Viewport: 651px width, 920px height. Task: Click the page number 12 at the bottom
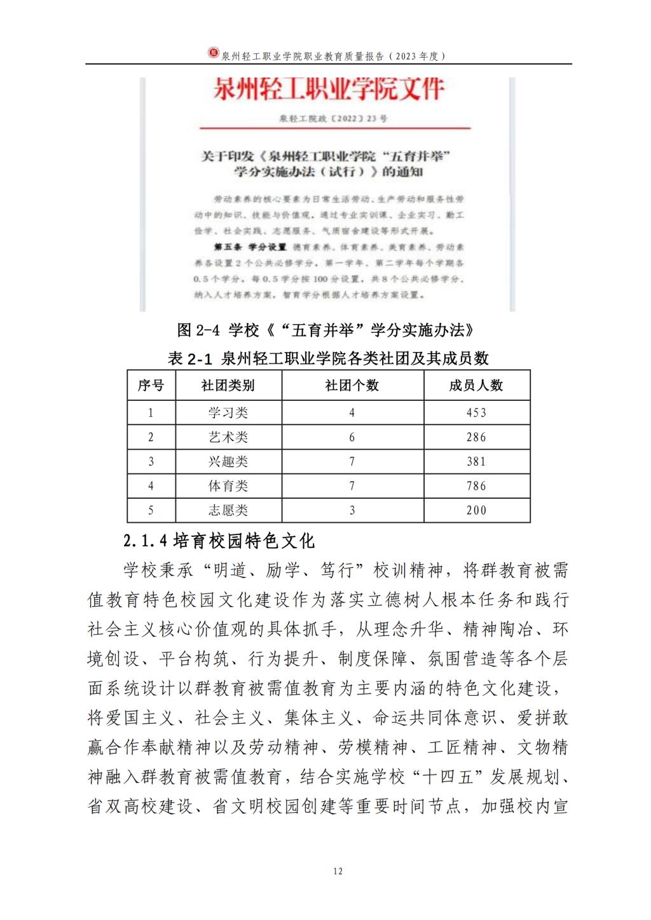[x=338, y=871]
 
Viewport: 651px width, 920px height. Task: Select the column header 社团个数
[x=352, y=386]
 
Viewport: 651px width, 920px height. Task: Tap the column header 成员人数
[x=476, y=386]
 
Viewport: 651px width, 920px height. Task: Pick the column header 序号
[x=151, y=386]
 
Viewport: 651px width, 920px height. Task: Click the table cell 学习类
[x=228, y=413]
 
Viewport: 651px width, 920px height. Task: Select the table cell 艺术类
[x=228, y=437]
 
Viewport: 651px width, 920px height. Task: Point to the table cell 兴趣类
[x=228, y=462]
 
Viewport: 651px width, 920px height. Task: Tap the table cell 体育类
[x=228, y=486]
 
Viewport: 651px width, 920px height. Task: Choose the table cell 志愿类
[x=228, y=510]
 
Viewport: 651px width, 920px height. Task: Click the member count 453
[x=476, y=413]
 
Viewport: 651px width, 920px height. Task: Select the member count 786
[x=476, y=486]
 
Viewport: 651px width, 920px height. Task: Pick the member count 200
[x=476, y=510]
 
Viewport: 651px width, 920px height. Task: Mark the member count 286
[x=476, y=437]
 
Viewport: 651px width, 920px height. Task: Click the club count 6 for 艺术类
[x=352, y=437]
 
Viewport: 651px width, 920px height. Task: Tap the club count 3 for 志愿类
[x=352, y=510]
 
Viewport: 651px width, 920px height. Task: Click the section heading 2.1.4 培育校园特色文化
[x=219, y=541]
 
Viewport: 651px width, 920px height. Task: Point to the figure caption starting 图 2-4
[x=325, y=330]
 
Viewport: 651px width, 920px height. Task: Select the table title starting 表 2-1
[x=328, y=358]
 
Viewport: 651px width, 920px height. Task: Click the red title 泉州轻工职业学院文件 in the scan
[x=328, y=90]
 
